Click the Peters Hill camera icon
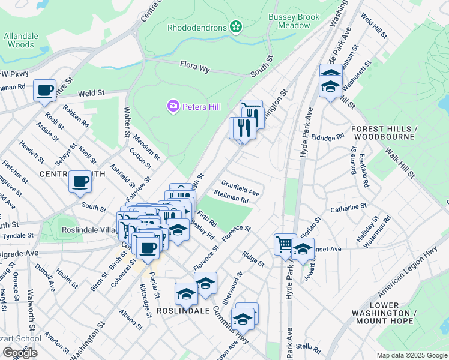[x=173, y=106]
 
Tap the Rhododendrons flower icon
[x=236, y=27]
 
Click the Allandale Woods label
[x=19, y=40]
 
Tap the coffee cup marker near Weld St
[x=44, y=91]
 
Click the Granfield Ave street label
[x=240, y=188]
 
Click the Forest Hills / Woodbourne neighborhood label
[x=383, y=133]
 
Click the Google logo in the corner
[x=20, y=353]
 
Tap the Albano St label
[x=130, y=319]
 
